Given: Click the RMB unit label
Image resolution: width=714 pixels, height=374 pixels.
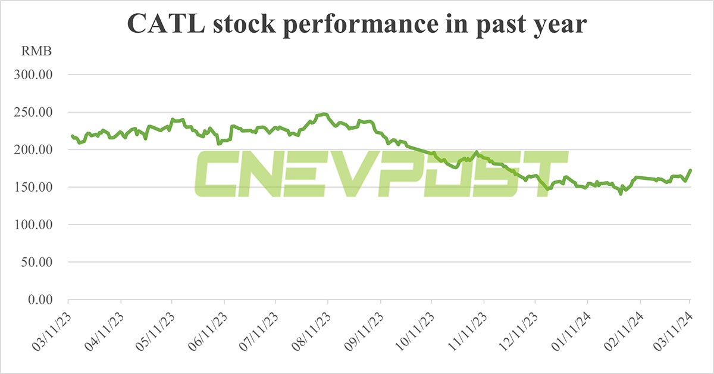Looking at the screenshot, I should pyautogui.click(x=37, y=51).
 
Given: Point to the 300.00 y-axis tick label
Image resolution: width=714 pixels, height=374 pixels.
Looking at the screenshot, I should pyautogui.click(x=35, y=75).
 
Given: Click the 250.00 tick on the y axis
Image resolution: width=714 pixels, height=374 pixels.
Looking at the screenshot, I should pyautogui.click(x=35, y=113).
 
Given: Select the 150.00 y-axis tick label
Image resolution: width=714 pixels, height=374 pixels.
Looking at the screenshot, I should pyautogui.click(x=35, y=188).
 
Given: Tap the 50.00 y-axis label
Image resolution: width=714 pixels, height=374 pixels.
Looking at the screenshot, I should pyautogui.click(x=37, y=262).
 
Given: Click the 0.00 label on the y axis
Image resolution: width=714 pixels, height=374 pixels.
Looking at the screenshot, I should pyautogui.click(x=39, y=300).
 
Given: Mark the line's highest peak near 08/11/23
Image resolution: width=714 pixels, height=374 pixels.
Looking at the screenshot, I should pyautogui.click(x=324, y=114).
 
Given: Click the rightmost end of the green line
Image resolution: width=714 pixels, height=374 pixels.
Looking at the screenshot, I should pyautogui.click(x=690, y=170).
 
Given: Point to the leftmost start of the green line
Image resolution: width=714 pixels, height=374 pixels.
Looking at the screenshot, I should pyautogui.click(x=71, y=136).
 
